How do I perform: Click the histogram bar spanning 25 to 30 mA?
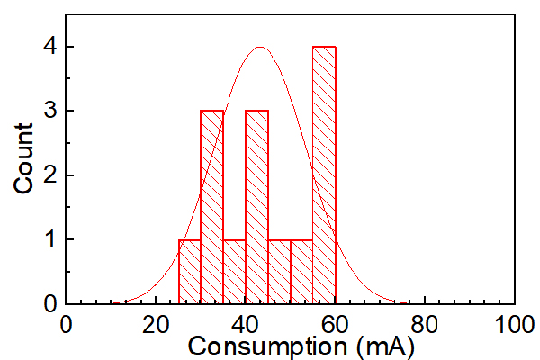click(x=189, y=272)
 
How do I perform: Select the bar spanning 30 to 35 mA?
click(x=211, y=207)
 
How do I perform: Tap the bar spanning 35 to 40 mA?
click(x=234, y=272)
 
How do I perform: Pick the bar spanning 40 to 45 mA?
click(x=256, y=207)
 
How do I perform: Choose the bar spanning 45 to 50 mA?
click(x=279, y=272)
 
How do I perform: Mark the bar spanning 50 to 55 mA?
click(x=301, y=272)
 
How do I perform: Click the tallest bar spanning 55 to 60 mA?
click(x=324, y=175)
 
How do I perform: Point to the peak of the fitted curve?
click(x=260, y=47)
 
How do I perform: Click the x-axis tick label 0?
click(x=66, y=325)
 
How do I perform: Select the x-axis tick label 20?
click(x=156, y=325)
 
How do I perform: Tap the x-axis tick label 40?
click(x=245, y=325)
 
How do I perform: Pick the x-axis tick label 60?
click(x=335, y=325)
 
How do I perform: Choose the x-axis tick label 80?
click(x=425, y=325)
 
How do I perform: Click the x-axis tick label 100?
click(x=515, y=325)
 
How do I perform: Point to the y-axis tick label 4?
click(x=50, y=46)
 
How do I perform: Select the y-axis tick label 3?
click(x=50, y=111)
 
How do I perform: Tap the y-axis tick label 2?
click(x=50, y=175)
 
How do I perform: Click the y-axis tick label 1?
click(x=51, y=239)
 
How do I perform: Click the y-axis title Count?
click(x=23, y=158)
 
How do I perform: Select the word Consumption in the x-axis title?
click(x=267, y=346)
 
